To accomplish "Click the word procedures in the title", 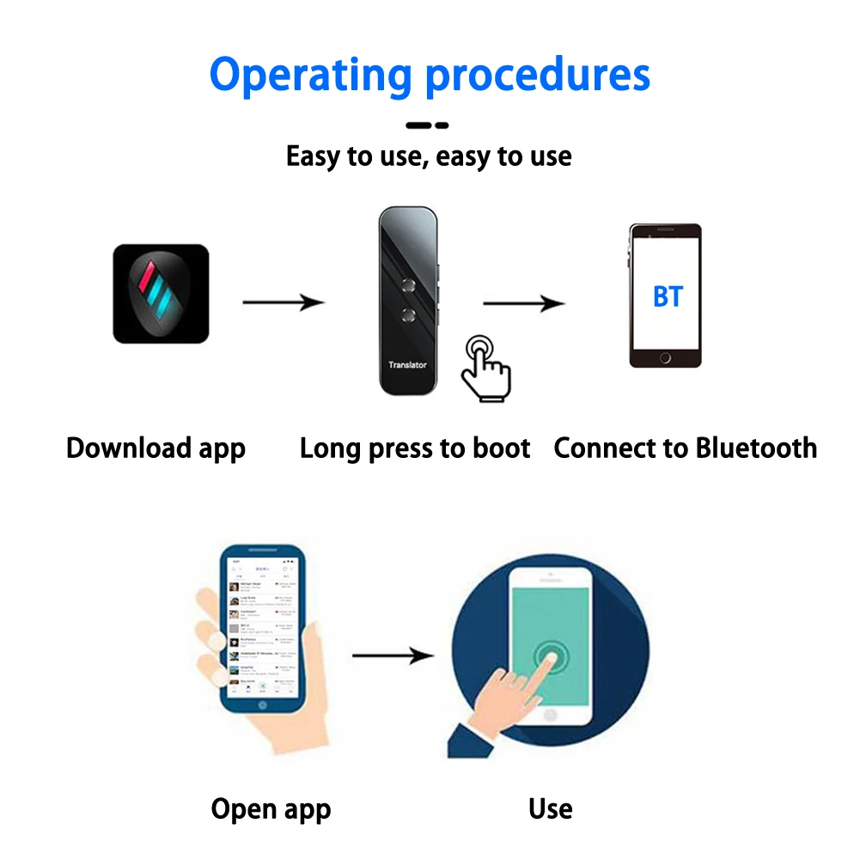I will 538,76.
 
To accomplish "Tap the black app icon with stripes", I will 161,294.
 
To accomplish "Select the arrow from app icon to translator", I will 283,302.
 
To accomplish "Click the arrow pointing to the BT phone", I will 523,302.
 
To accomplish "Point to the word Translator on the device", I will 407,365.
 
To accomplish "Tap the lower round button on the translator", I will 408,314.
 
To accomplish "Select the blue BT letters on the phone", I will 668,296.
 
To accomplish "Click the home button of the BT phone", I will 665,358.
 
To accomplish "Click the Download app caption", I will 156,448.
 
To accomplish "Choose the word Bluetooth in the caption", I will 756,448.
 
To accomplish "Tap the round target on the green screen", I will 549,660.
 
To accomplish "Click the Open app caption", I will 271,809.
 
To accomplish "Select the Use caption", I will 551,808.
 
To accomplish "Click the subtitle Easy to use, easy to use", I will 429,156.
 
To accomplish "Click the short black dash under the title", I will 427,125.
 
